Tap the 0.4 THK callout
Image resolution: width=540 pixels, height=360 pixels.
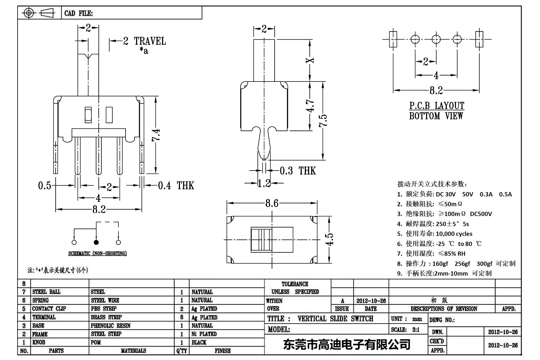coord(176,185)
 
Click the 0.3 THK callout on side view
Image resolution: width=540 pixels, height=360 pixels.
coord(297,171)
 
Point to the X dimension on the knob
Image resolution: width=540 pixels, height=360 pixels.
coord(310,60)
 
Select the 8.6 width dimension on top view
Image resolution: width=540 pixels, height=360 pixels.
coord(272,203)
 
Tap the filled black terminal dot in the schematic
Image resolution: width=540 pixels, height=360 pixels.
coord(96,242)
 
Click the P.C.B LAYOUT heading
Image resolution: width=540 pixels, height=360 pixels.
coord(437,106)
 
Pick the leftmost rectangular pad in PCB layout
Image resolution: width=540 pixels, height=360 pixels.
coord(393,39)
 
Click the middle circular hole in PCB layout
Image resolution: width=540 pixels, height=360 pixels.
coord(436,39)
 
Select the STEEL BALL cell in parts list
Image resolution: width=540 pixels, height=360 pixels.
coord(46,292)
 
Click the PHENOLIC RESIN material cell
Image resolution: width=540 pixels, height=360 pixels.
coord(111,326)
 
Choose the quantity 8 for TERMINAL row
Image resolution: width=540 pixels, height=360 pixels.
coord(182,317)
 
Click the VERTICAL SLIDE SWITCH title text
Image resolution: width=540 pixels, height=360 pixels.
coord(335,319)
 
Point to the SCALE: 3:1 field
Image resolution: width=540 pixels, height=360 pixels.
coord(405,330)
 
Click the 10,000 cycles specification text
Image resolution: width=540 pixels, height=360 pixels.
coord(454,234)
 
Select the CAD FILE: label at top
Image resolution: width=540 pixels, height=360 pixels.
coord(79,13)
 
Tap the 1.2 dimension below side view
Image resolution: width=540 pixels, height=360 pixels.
coord(264,183)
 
